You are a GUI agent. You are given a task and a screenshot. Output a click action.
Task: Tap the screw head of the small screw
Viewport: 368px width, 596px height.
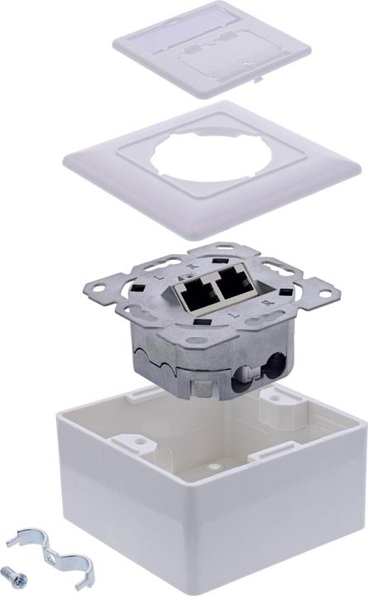pos(10,570)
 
